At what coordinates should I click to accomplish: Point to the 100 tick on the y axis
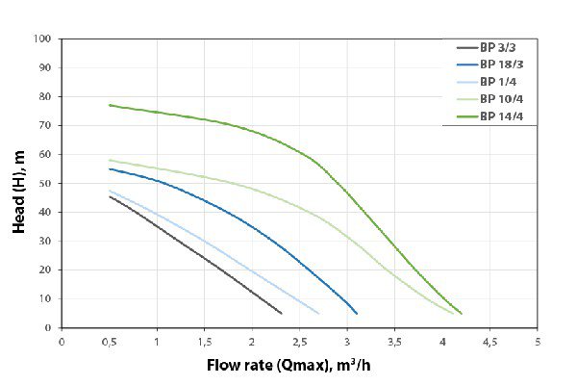point(41,39)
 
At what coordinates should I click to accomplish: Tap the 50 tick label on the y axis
point(44,183)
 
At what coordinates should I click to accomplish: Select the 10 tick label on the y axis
point(44,298)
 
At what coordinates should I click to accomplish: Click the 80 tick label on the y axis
point(44,96)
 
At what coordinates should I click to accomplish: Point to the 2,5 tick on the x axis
point(299,341)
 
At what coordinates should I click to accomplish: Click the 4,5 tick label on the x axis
point(489,341)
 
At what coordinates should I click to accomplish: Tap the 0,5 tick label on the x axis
point(109,341)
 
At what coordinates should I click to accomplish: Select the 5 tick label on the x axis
point(538,341)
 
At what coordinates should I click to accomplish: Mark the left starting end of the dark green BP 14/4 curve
point(110,105)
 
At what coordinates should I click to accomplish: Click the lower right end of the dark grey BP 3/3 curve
point(281,313)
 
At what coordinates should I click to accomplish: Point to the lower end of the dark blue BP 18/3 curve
point(357,313)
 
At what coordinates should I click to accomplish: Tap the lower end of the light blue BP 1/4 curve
point(318,313)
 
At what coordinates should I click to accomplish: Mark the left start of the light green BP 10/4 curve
point(110,160)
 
